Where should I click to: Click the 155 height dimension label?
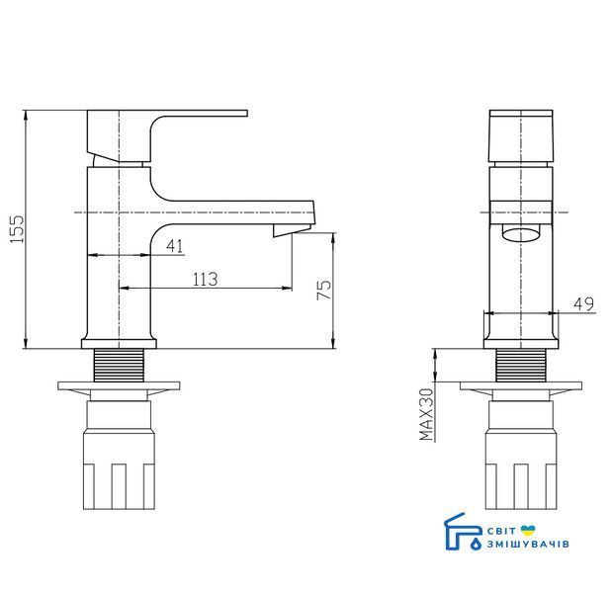point(17,229)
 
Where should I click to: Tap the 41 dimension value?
point(175,246)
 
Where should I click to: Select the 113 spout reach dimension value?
point(206,279)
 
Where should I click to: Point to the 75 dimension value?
point(324,290)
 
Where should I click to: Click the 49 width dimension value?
point(583,304)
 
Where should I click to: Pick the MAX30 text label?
point(427,414)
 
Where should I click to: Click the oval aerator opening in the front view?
point(521,235)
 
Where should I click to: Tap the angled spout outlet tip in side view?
point(292,230)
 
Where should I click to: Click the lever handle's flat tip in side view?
point(245,114)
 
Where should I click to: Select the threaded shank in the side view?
point(119,365)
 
